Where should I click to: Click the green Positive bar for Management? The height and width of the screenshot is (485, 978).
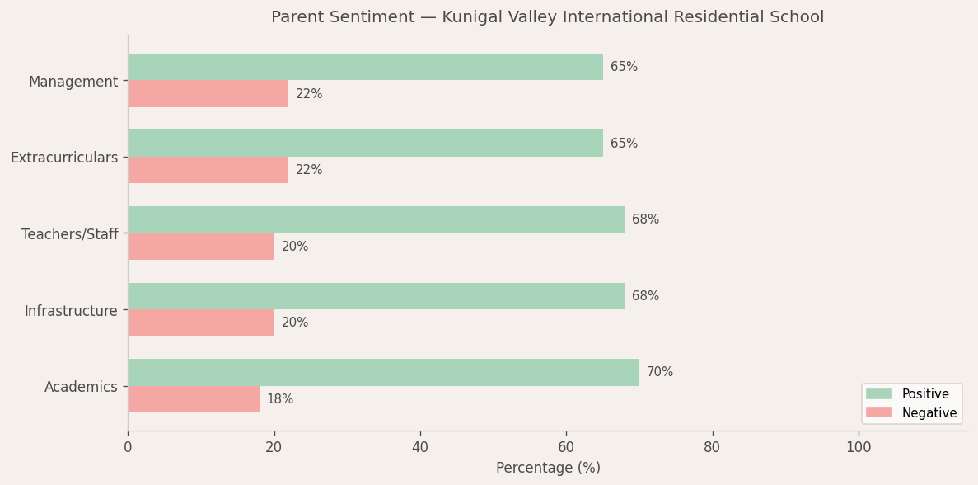pos(365,67)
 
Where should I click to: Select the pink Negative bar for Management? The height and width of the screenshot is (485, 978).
pos(208,94)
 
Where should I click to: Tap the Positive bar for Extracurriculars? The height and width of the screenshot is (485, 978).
pos(365,144)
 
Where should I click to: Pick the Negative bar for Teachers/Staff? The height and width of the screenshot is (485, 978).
pos(201,247)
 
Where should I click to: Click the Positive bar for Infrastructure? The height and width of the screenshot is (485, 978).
pos(376,296)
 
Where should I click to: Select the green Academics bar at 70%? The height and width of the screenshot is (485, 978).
pos(383,372)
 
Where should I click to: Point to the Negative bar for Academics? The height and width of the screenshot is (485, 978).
pos(194,399)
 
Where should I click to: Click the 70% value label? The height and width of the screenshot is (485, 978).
pos(660,372)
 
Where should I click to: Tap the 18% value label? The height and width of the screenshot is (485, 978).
pos(280,399)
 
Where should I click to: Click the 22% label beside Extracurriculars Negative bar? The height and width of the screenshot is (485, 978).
pos(309,170)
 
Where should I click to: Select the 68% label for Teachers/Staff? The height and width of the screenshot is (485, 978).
pos(645,219)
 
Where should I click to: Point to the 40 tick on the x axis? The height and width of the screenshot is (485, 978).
pos(420,448)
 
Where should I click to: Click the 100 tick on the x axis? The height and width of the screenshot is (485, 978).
pos(859,448)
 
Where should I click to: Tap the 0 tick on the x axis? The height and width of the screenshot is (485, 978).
pos(128,448)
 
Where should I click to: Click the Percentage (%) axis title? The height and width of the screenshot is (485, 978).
pos(548,469)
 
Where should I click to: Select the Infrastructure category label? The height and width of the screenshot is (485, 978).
pos(71,311)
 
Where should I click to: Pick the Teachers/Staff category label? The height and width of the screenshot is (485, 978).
pos(70,234)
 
